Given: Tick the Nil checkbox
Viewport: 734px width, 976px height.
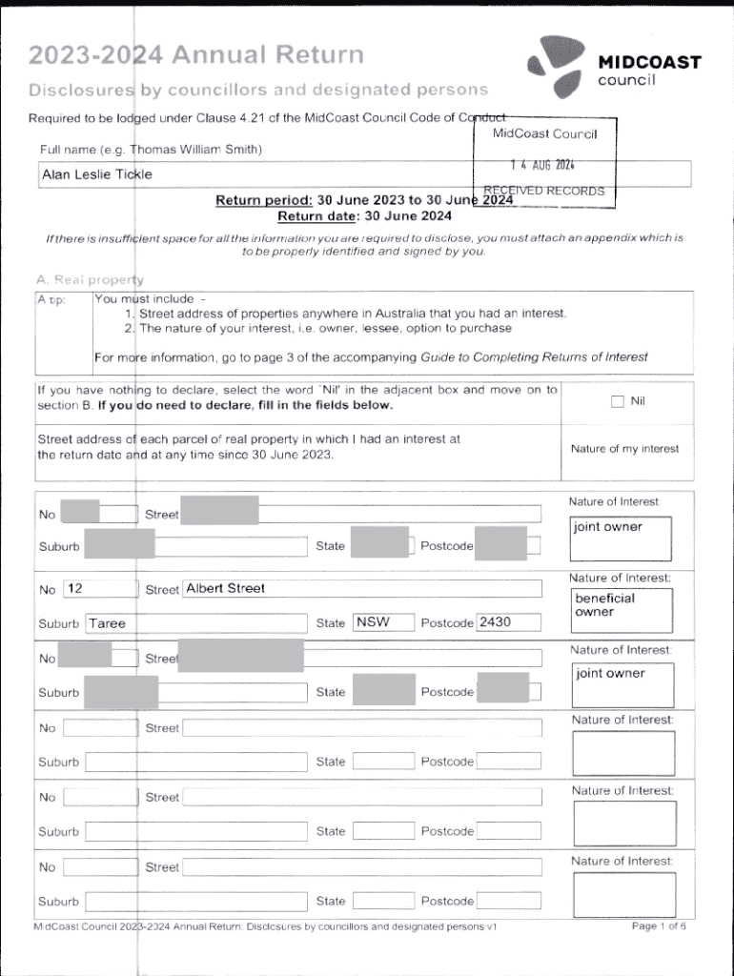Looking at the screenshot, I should tap(617, 401).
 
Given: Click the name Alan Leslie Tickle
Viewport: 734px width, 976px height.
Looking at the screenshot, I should tap(96, 174).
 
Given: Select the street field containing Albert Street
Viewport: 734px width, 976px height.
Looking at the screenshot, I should tap(362, 589).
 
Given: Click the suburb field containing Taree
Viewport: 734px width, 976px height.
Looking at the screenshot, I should tap(195, 623).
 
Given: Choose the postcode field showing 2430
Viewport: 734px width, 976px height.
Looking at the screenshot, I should tap(508, 622).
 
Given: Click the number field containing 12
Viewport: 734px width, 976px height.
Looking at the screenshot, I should tap(100, 589).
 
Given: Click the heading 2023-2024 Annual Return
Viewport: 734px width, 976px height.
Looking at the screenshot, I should tap(196, 55).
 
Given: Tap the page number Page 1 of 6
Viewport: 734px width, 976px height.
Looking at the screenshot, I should tap(659, 925).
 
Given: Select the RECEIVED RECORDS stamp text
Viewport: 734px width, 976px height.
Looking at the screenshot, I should tap(544, 191).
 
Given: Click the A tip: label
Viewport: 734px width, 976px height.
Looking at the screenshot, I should tap(51, 299).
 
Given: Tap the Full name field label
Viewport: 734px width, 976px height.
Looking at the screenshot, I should tap(151, 150).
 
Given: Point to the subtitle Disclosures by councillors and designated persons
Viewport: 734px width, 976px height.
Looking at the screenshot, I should tap(258, 91).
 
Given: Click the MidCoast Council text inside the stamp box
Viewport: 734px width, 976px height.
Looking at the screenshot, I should tap(544, 133).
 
